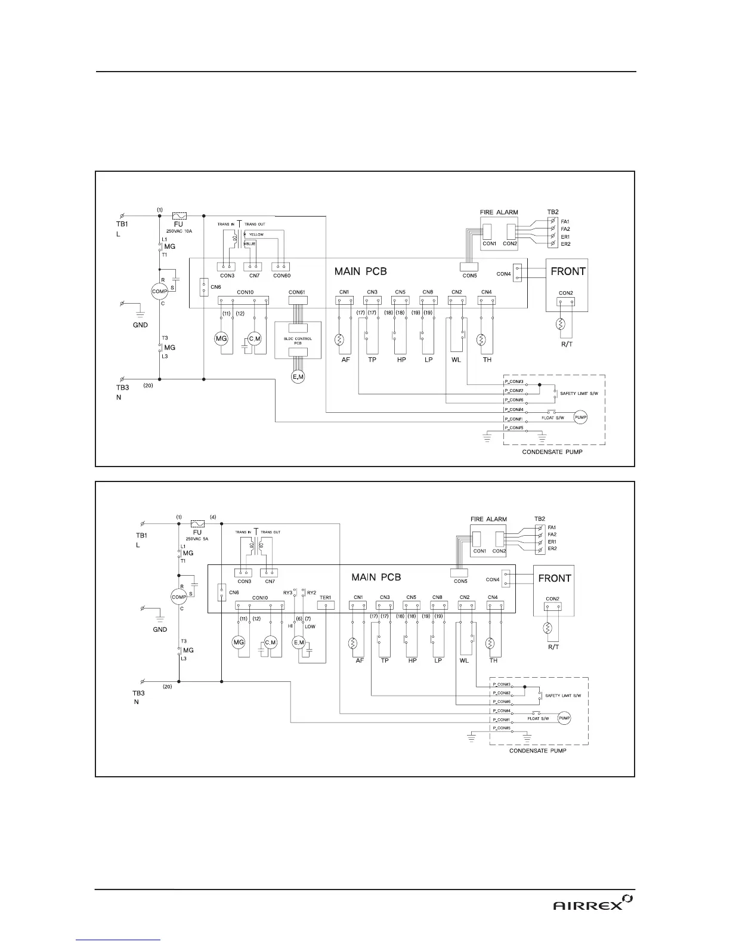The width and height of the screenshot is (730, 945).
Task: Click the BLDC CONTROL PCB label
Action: pyautogui.click(x=298, y=339)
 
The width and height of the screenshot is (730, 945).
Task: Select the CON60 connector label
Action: pyautogui.click(x=282, y=275)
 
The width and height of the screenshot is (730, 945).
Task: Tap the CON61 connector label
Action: pyautogui.click(x=296, y=292)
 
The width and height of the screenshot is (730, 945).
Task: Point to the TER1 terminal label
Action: pyautogui.click(x=326, y=597)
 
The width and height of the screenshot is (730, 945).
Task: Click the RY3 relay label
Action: pyautogui.click(x=288, y=592)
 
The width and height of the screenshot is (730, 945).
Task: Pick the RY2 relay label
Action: pyautogui.click(x=311, y=592)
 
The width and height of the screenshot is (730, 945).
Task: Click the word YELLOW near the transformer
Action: pyautogui.click(x=256, y=234)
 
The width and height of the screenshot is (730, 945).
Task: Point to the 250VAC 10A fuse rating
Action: pyautogui.click(x=179, y=231)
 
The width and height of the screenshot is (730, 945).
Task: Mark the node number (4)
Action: pyautogui.click(x=213, y=517)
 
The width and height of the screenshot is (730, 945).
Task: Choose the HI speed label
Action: pyautogui.click(x=290, y=626)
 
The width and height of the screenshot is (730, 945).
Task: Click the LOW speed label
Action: pyautogui.click(x=310, y=626)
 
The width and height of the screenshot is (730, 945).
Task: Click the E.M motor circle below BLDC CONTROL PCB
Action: pyautogui.click(x=297, y=376)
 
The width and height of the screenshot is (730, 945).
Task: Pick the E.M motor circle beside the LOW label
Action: pyautogui.click(x=298, y=642)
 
